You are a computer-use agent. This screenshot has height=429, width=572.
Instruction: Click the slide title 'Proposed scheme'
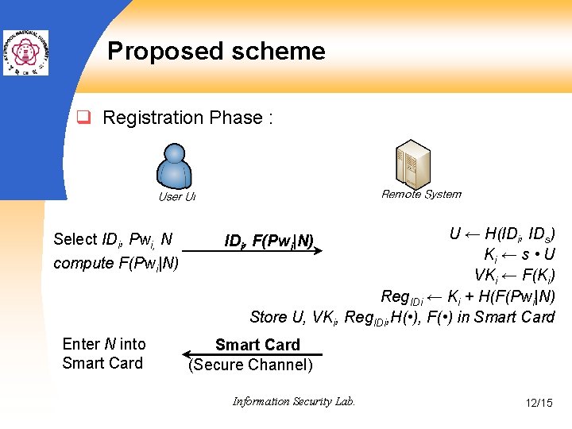pos(216,52)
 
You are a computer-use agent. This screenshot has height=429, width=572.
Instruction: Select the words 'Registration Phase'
pos(183,118)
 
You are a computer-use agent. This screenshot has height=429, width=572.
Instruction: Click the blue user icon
pos(176,166)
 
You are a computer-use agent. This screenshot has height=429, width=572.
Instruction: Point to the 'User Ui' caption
pos(176,197)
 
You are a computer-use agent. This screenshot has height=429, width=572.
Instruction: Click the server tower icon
pos(412,164)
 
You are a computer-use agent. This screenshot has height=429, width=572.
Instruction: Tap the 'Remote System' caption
pos(421,194)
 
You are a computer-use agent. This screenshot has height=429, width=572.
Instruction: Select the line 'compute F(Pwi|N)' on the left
pos(116,263)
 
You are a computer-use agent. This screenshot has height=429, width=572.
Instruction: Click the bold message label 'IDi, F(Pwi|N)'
pos(269,241)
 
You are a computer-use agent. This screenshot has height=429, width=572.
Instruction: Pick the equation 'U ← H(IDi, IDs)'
pos(502,234)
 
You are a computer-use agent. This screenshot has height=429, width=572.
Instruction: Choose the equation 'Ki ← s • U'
pos(520,255)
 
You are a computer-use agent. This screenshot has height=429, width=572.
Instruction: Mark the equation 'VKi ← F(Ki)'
pos(515,276)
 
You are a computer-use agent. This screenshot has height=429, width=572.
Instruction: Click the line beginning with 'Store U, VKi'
pos(402,317)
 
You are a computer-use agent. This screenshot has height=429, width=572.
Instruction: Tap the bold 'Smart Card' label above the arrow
pos(257,345)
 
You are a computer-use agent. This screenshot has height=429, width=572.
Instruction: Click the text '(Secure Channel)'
pos(251,365)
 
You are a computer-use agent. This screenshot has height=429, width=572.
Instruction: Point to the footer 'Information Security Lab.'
pos(294,402)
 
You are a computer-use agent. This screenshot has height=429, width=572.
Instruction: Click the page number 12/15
pos(539,403)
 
